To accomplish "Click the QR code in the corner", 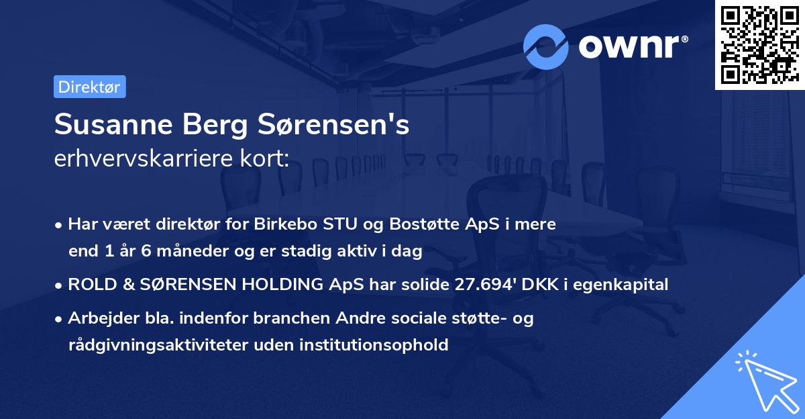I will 759,45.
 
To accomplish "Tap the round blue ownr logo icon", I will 546,46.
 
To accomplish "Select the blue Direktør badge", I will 89,87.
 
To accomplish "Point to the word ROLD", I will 93,285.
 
